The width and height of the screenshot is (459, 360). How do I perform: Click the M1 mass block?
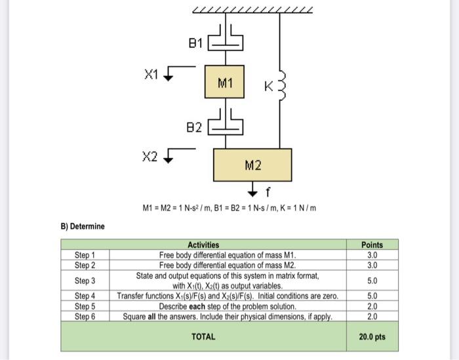224,83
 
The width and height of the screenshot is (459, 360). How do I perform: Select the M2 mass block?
253,165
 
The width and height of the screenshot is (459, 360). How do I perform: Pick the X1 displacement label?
151,73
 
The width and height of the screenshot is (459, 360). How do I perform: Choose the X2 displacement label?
150,156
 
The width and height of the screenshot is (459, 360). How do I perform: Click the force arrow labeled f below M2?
254,191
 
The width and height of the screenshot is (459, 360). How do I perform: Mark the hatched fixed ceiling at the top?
252,9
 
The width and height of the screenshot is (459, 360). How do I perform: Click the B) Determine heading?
83,226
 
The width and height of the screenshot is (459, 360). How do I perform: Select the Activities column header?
203,245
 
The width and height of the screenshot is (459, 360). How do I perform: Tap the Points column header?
372,245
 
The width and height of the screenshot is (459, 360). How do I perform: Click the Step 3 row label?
85,281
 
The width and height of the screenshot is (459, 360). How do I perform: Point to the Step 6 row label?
85,316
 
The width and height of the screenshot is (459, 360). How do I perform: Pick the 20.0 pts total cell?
372,337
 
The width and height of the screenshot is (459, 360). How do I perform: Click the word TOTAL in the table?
203,337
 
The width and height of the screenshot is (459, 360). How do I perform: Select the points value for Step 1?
372,254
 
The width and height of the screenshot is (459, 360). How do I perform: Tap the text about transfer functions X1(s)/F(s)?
228,296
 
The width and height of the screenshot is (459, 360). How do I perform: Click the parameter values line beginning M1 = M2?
229,208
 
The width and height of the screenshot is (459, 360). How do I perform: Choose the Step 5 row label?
85,306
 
